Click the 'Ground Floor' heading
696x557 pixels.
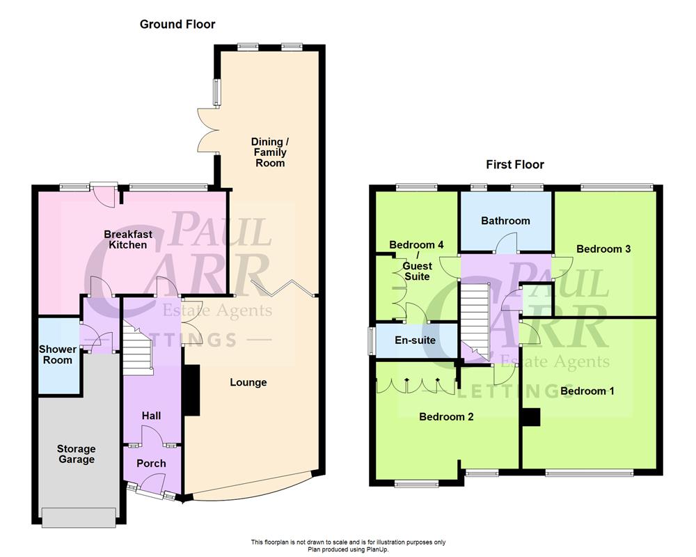pyautogui.click(x=177, y=24)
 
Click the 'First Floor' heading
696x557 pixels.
pyautogui.click(x=514, y=164)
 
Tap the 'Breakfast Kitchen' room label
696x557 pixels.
pyautogui.click(x=128, y=240)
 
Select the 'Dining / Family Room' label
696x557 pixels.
pyautogui.click(x=269, y=152)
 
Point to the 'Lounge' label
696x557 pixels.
pyautogui.click(x=248, y=382)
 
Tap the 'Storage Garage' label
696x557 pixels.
pyautogui.click(x=76, y=454)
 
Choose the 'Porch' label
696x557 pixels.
pyautogui.click(x=151, y=463)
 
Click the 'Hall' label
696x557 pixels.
pyautogui.click(x=151, y=416)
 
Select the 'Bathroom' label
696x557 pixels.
pyautogui.click(x=505, y=221)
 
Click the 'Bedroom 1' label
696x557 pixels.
pyautogui.click(x=587, y=391)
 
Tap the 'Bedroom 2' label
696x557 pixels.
pyautogui.click(x=446, y=416)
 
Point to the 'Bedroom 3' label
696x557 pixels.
pyautogui.click(x=603, y=249)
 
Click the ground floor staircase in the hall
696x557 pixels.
pyautogui.click(x=138, y=348)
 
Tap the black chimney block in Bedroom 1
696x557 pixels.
pyautogui.click(x=531, y=416)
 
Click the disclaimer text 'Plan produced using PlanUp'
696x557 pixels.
pyautogui.click(x=348, y=548)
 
